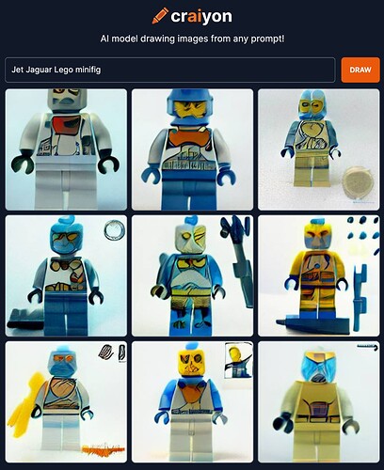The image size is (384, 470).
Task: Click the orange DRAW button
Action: tap(360, 70)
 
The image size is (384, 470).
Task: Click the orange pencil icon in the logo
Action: tap(160, 16)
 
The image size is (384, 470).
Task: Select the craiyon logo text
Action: tap(201, 17)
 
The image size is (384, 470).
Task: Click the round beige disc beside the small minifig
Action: tap(358, 181)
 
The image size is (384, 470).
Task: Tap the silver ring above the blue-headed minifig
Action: tap(114, 230)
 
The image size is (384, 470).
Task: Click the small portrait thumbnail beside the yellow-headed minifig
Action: tap(238, 360)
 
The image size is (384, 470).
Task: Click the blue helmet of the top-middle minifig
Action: tap(190, 108)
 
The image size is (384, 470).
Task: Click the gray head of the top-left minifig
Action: tap(67, 101)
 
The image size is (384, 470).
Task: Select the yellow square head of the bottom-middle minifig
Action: tap(191, 363)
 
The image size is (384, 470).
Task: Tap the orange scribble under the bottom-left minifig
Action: tap(104, 448)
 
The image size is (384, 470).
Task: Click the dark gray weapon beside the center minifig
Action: tap(238, 260)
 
